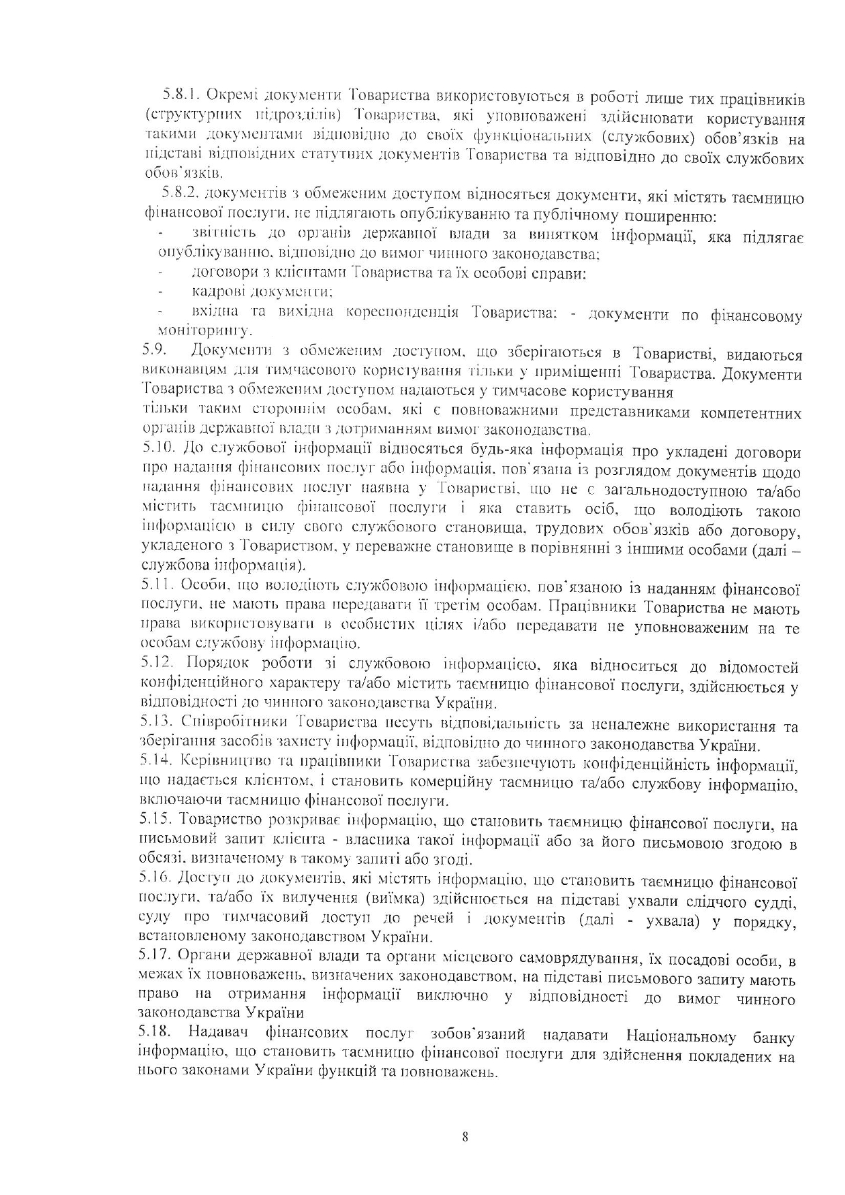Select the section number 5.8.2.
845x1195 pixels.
[x=179, y=198]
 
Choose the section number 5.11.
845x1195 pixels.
[x=156, y=585]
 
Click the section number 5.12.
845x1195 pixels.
[x=157, y=663]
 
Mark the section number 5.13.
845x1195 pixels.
[x=157, y=723]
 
